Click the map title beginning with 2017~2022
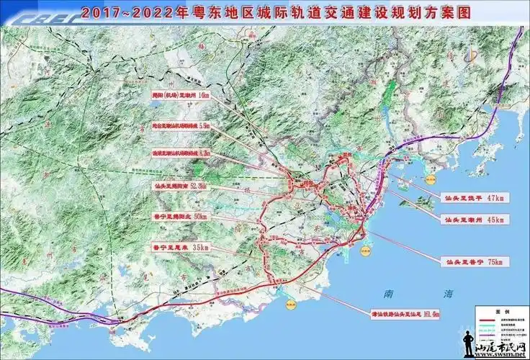(x=266, y=12)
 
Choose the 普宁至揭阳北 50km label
(x=179, y=216)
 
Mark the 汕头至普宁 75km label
(x=474, y=263)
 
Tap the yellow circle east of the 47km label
(x=431, y=177)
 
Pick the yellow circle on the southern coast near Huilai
(x=289, y=305)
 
